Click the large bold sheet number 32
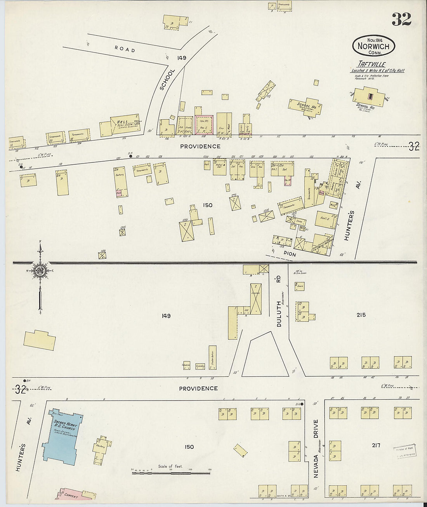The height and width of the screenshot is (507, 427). tap(401, 19)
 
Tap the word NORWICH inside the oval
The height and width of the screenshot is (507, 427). tap(373, 46)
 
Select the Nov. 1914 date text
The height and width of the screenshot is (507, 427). tap(374, 39)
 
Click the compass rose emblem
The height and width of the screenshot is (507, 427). tap(40, 271)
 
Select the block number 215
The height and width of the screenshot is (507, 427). tap(361, 315)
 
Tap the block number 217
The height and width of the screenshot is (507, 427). tap(375, 445)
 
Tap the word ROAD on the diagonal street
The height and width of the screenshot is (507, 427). tap(125, 50)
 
